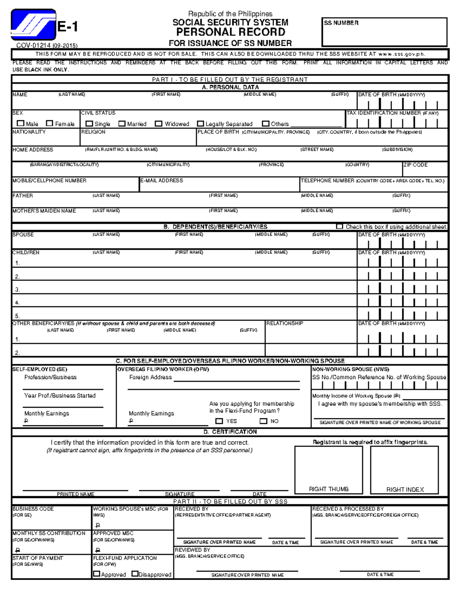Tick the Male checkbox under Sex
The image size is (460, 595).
click(20, 123)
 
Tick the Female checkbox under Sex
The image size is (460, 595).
click(49, 123)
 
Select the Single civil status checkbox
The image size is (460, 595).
click(89, 124)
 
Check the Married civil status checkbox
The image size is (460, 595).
click(122, 124)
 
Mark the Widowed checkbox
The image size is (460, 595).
click(158, 124)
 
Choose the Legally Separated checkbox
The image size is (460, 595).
click(200, 124)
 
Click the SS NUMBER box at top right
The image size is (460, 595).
click(384, 32)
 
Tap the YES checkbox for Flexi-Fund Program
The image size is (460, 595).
click(219, 421)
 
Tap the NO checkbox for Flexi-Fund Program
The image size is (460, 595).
click(263, 421)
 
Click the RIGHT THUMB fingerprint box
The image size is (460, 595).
click(329, 470)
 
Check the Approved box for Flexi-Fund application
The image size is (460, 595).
click(97, 574)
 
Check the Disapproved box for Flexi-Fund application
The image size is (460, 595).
click(135, 574)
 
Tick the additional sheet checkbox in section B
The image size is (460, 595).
click(339, 226)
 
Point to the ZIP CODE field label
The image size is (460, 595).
click(415, 165)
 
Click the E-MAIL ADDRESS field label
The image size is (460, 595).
click(162, 180)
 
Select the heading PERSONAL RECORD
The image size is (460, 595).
click(230, 32)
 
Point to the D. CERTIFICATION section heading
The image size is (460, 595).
click(230, 432)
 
